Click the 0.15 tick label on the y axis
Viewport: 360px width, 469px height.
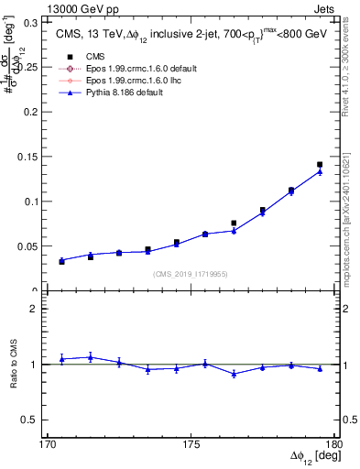point(30,157)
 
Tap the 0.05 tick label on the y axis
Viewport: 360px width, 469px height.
point(30,246)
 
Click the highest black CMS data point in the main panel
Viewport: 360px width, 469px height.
point(320,165)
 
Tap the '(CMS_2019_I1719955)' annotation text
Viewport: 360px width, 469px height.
point(191,272)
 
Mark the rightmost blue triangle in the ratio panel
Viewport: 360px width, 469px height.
point(320,368)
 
